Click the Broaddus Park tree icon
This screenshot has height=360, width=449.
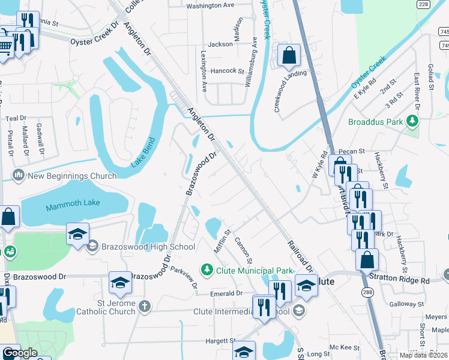click(412, 122)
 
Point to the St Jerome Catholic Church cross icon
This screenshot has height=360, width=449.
click(143, 307)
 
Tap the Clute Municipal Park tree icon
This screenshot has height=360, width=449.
click(207, 271)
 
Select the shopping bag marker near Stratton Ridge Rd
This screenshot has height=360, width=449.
click(367, 260)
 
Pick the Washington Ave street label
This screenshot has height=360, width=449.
click(210, 6)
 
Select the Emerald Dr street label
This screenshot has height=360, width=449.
click(226, 293)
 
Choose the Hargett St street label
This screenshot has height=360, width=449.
click(219, 340)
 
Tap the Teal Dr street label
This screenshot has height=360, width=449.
click(16, 118)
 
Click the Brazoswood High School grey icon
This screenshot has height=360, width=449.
click(93, 246)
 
